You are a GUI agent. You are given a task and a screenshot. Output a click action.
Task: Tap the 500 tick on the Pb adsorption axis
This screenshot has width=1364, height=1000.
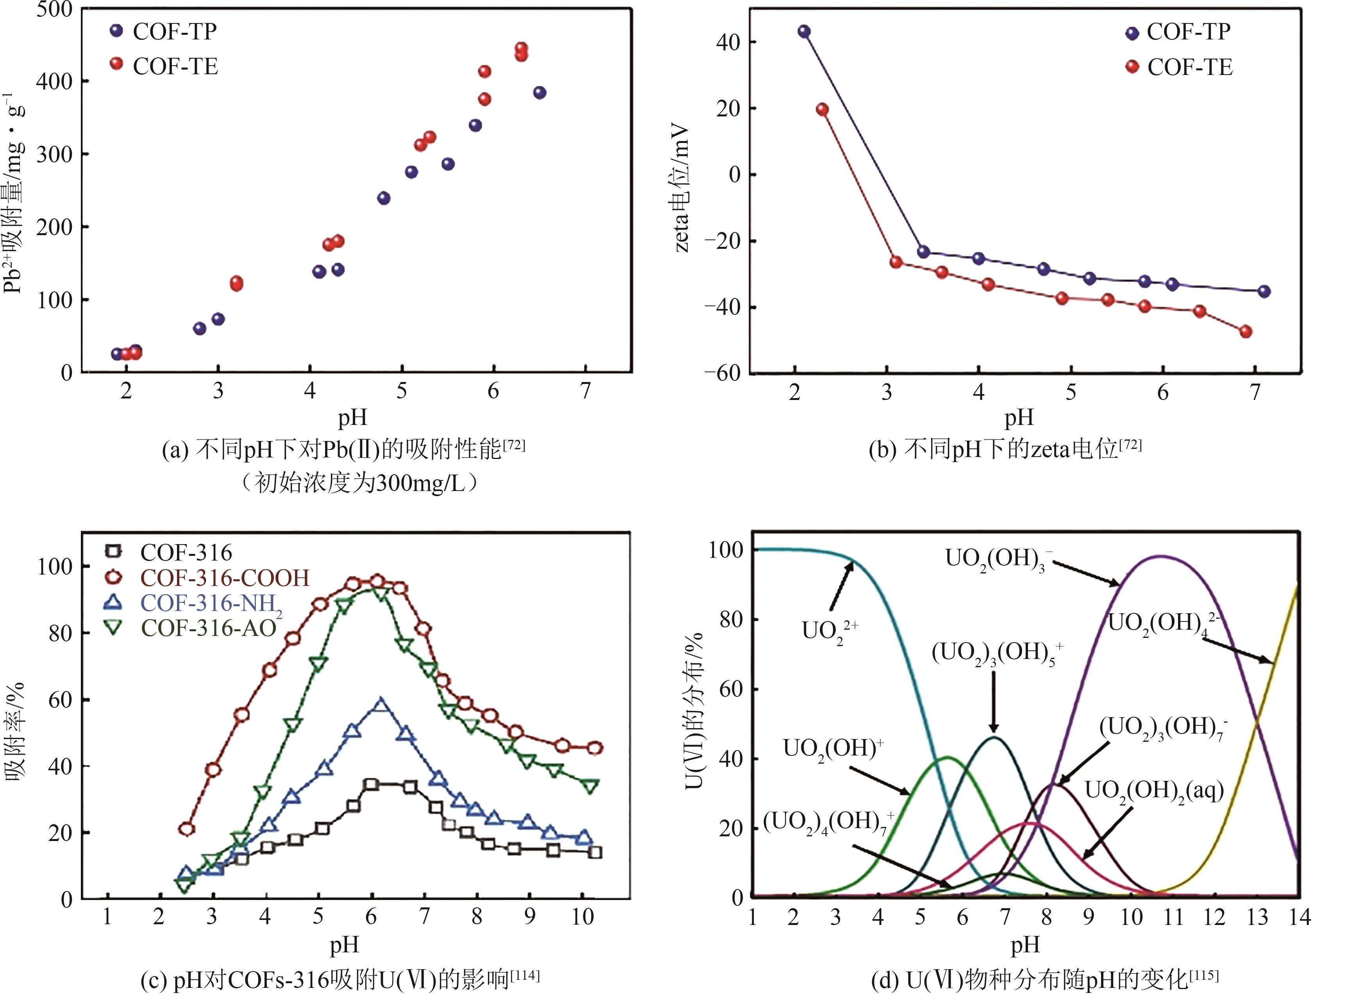(x=54, y=10)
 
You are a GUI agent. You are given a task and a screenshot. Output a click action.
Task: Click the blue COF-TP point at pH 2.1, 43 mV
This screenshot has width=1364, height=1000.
(x=804, y=32)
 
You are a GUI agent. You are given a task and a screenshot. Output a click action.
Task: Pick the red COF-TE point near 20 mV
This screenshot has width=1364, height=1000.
(x=822, y=109)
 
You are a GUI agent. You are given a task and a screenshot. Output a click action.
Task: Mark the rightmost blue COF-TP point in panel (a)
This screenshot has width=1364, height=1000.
(x=540, y=93)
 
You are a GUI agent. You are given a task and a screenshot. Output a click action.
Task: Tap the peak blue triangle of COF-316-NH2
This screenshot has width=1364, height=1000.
(x=380, y=704)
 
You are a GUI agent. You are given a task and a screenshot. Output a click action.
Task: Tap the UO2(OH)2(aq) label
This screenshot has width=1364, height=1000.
(x=1153, y=791)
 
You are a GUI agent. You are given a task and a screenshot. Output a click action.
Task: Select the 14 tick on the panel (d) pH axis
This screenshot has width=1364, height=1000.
(x=1299, y=918)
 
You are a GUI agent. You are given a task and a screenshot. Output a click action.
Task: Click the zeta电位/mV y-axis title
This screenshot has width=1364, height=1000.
(x=682, y=187)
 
